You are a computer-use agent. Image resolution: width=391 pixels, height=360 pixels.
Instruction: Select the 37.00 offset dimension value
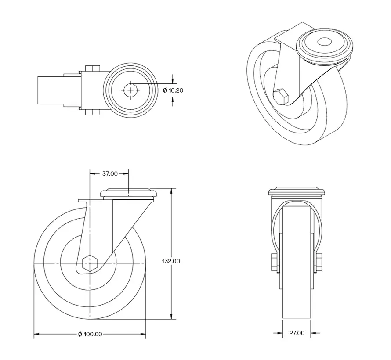tap(110, 173)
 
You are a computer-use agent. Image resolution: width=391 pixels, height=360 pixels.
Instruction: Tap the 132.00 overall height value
tap(171, 261)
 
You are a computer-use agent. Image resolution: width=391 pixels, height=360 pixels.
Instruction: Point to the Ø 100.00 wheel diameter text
tap(90, 334)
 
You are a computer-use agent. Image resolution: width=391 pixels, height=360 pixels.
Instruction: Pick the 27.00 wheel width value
tap(297, 333)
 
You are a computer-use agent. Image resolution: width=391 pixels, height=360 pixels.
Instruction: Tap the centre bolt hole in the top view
tap(130, 90)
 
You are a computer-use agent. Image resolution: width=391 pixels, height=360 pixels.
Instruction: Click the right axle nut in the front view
tap(319, 263)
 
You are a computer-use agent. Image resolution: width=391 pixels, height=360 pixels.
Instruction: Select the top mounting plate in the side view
tap(129, 193)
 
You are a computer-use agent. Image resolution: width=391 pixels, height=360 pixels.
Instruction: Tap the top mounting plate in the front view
tap(297, 192)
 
